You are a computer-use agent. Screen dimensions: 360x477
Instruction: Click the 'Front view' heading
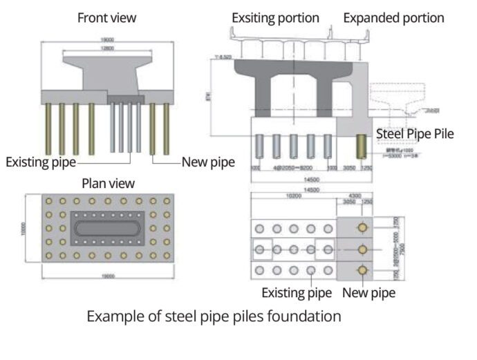coord(106,17)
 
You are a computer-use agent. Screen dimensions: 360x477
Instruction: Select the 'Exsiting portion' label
coord(275,17)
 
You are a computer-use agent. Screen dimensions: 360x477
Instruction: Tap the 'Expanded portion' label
coord(393,17)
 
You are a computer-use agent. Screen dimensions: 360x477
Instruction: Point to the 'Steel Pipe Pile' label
coord(415,133)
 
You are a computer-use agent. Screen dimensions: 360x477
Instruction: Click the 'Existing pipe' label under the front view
coord(41,162)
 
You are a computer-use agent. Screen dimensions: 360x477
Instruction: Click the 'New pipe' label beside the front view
coord(208,162)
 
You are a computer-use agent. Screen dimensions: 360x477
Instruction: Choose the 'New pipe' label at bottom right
coord(369,292)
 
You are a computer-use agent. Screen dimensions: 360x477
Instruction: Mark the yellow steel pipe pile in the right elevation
coord(361,146)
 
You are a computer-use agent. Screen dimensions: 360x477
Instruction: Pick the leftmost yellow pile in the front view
coord(48,129)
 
